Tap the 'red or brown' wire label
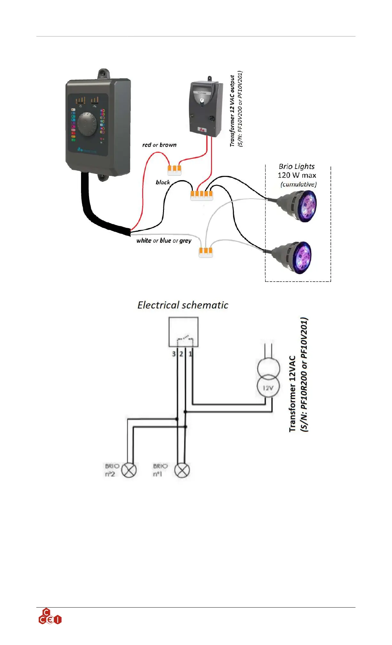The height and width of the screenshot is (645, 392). point(159,145)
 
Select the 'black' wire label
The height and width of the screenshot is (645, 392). point(163,182)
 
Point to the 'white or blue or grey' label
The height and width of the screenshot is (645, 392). point(164,241)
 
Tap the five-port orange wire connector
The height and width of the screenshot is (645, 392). point(201,195)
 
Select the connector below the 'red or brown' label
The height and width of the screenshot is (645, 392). point(175,170)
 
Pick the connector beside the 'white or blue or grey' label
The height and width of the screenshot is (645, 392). point(206,252)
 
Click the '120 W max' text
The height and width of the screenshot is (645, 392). point(297,175)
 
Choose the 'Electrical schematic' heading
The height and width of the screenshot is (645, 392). point(183,305)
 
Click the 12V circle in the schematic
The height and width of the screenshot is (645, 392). point(268,387)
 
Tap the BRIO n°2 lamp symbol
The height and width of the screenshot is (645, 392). point(129,471)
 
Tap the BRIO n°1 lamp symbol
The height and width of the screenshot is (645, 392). point(182,471)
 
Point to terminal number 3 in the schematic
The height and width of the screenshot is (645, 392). point(174,354)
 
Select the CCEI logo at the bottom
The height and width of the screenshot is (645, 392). point(50,617)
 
